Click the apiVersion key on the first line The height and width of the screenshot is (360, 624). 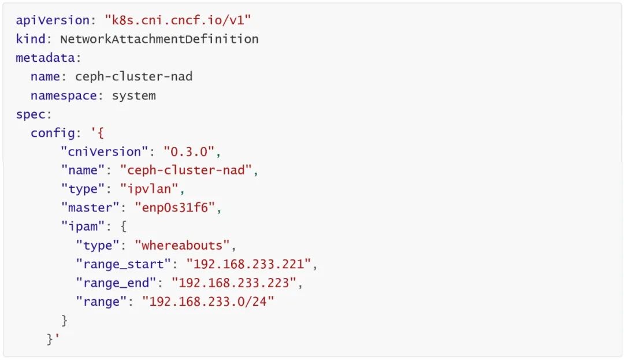[53, 20]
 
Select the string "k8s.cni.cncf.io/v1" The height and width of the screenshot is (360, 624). [178, 20]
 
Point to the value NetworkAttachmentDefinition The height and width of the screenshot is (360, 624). [159, 39]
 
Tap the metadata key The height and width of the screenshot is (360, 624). [48, 58]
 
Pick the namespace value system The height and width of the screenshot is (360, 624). [134, 95]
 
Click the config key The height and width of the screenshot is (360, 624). [53, 133]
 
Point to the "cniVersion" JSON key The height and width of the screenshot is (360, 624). [105, 151]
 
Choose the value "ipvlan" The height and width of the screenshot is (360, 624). [152, 189]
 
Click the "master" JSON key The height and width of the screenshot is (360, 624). [94, 207]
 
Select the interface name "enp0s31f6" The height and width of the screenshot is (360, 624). [178, 207]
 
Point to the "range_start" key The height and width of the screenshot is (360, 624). [123, 264]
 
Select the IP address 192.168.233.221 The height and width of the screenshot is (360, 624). [252, 264]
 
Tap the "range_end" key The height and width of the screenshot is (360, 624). [116, 283]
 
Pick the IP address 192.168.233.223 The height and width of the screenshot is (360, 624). [237, 283]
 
